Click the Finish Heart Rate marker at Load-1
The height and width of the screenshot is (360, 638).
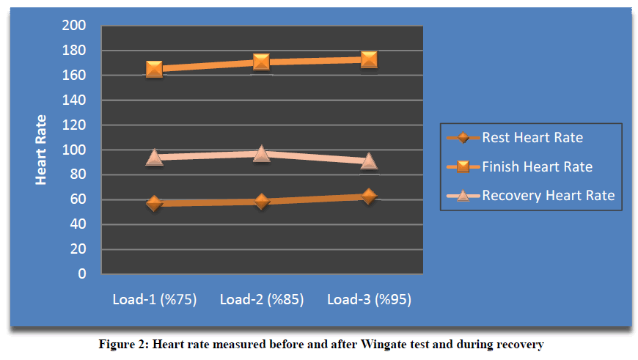[x=154, y=69]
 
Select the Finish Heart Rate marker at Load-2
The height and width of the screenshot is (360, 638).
[x=262, y=62]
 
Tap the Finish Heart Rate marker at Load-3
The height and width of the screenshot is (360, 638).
[x=369, y=59]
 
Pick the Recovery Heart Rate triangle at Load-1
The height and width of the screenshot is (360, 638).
[x=154, y=157]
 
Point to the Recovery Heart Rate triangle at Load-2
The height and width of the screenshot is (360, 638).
[x=262, y=153]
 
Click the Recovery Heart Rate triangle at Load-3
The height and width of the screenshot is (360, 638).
[x=369, y=161]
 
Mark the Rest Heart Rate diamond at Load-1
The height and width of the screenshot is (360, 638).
[x=154, y=202]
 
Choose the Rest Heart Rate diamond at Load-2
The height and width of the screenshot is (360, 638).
[x=262, y=201]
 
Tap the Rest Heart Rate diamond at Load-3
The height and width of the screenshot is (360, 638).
[x=369, y=196]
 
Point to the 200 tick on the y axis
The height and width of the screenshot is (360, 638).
[x=76, y=26]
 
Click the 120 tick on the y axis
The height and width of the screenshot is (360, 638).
[x=76, y=125]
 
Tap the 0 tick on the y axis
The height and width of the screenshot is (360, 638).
[x=81, y=274]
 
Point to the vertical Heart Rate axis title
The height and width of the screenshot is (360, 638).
[x=41, y=150]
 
